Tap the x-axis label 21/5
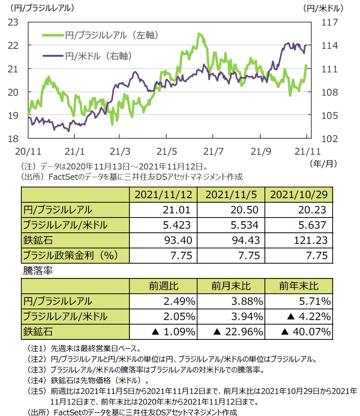click(x=167, y=152)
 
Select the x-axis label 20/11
click(x=28, y=152)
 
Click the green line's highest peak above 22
click(x=199, y=34)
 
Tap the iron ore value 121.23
click(x=313, y=240)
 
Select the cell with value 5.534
click(x=245, y=225)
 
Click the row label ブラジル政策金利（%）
click(x=71, y=255)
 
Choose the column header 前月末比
click(x=231, y=286)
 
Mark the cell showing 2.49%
click(x=179, y=301)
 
